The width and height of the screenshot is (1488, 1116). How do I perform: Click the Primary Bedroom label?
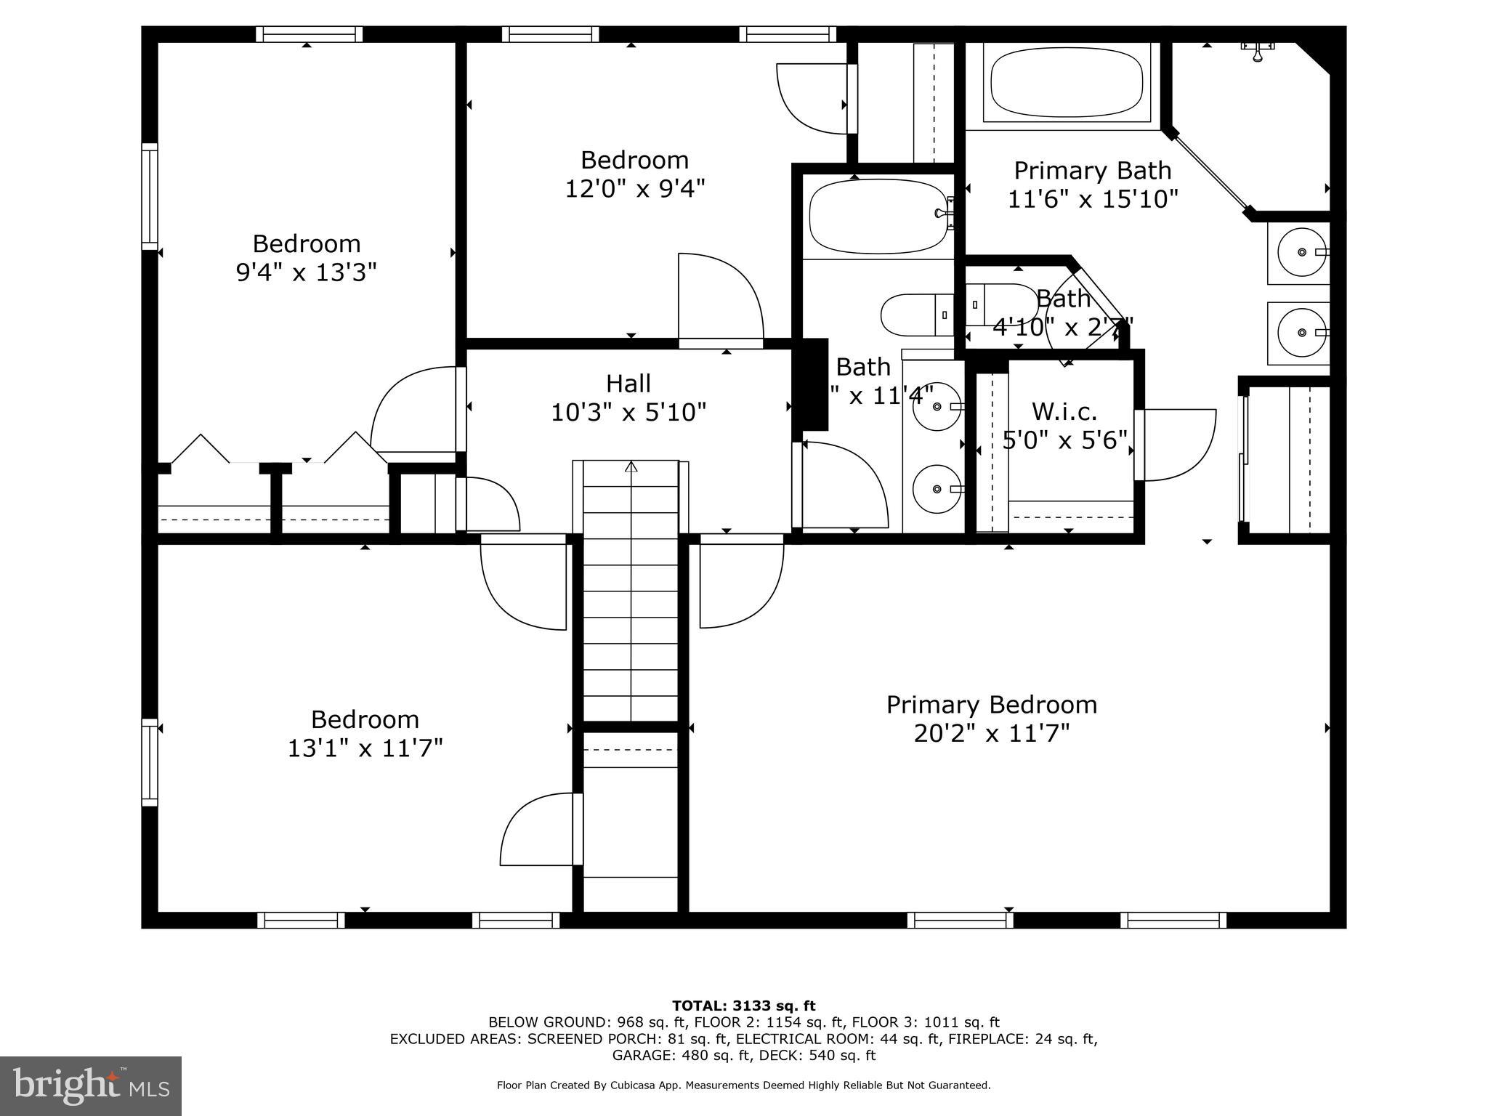[x=991, y=705]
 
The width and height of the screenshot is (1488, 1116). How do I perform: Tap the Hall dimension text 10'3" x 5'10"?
[x=628, y=413]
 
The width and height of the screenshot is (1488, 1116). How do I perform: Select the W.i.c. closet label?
[x=1064, y=412]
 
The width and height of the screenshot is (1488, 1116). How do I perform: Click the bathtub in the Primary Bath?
[x=1067, y=81]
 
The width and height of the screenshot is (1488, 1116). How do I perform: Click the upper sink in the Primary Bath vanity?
[x=1301, y=252]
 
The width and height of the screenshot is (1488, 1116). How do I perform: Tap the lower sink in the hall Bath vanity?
[x=937, y=489]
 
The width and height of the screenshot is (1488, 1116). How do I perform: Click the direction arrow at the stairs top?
[x=631, y=466]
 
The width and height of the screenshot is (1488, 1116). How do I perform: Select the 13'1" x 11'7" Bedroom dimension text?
[x=365, y=748]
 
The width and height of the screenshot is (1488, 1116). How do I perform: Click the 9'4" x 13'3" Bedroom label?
[x=306, y=243]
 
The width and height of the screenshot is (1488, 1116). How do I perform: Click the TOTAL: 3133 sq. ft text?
[x=743, y=1006]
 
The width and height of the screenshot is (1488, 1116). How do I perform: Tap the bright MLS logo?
[x=91, y=1086]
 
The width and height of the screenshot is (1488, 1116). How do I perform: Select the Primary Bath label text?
[x=1092, y=171]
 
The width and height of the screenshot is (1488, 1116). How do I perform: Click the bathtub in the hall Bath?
[x=878, y=217]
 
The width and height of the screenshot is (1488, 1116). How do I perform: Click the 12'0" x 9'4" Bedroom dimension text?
[x=635, y=189]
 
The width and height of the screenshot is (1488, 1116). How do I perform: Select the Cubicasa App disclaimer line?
[x=743, y=1085]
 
